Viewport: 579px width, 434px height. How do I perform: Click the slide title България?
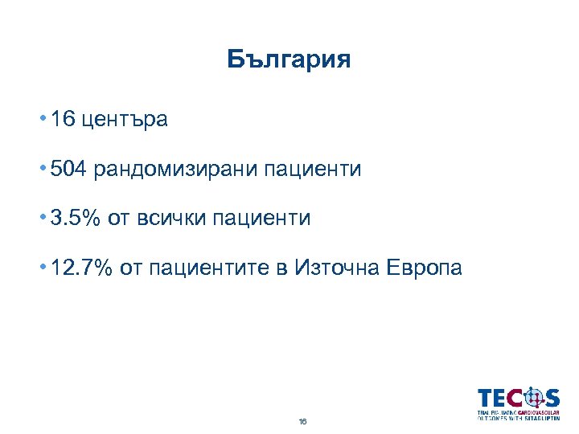coord(289,60)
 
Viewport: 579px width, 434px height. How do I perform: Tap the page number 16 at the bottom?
coord(302,420)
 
